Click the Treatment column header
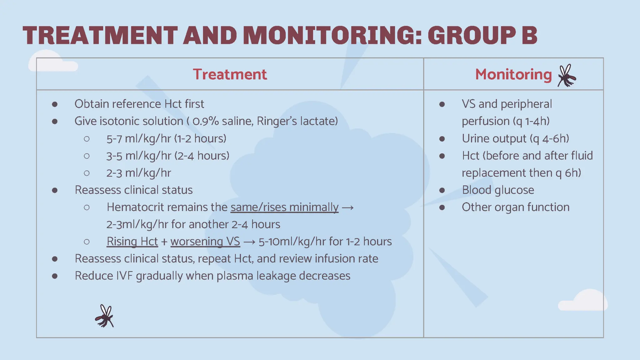(230, 74)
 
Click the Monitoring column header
(513, 74)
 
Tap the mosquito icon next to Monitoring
(567, 76)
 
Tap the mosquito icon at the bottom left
(105, 316)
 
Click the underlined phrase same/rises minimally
(284, 207)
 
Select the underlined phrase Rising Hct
(132, 242)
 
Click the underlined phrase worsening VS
(205, 242)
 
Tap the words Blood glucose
(498, 190)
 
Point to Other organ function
(515, 207)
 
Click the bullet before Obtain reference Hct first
(55, 104)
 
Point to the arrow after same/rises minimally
(347, 207)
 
